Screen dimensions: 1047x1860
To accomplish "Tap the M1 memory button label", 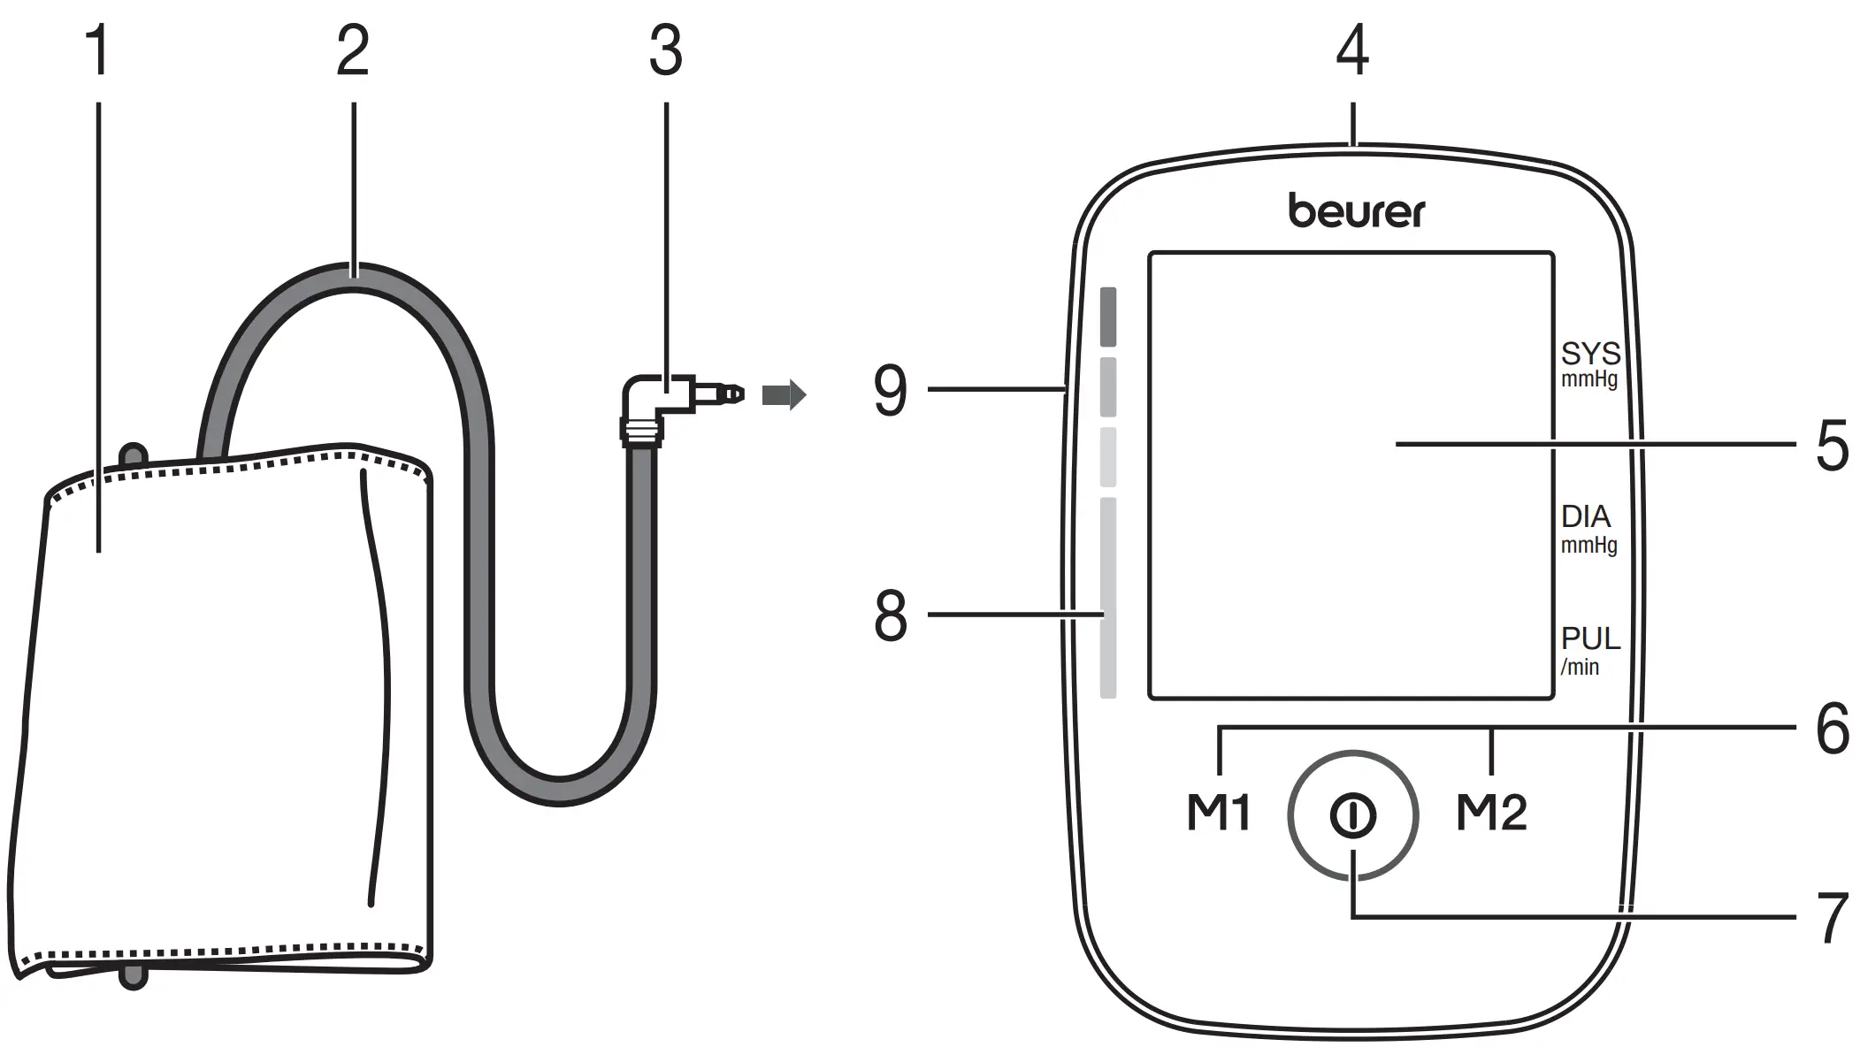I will click(x=1218, y=813).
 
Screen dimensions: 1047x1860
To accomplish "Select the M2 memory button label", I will click(x=1491, y=813).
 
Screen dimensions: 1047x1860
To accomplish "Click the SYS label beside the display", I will click(x=1590, y=355).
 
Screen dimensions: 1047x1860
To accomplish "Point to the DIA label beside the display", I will click(x=1585, y=517).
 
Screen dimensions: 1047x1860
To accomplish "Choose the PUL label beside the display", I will click(x=1590, y=639).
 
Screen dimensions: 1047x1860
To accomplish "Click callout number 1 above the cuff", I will click(x=98, y=50).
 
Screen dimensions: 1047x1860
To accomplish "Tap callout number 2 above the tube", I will click(x=353, y=50).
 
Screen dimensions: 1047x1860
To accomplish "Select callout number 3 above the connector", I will click(x=665, y=50).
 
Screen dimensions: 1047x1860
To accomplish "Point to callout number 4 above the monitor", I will click(x=1352, y=50).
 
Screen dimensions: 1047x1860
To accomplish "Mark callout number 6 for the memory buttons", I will click(x=1832, y=730).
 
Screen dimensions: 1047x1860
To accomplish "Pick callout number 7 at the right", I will click(x=1832, y=919).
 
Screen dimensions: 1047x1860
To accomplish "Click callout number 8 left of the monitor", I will click(x=891, y=616).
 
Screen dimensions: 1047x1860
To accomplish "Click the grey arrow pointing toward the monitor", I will click(x=784, y=394).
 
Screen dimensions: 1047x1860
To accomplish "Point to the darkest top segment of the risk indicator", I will click(x=1107, y=317).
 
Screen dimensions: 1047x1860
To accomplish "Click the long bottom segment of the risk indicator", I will click(x=1107, y=598).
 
